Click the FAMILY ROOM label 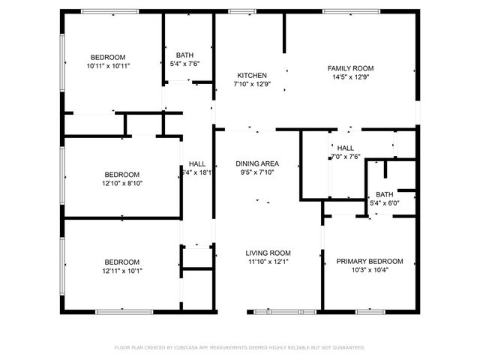pos(350,68)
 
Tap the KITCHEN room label pos(252,76)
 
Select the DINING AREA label pos(257,163)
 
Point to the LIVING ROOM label pos(269,253)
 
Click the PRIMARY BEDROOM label pos(369,261)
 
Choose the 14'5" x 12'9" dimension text pos(350,77)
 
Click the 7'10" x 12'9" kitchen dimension pos(252,85)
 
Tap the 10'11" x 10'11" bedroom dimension pos(108,66)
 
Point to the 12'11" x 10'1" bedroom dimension pos(121,271)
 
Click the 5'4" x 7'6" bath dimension pos(184,64)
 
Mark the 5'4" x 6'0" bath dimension pos(385,203)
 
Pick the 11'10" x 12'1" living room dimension pos(269,262)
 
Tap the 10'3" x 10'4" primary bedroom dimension pos(369,270)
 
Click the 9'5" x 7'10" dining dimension pos(257,172)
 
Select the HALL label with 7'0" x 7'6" pos(346,148)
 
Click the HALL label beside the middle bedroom pos(197,163)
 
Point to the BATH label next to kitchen pos(184,55)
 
